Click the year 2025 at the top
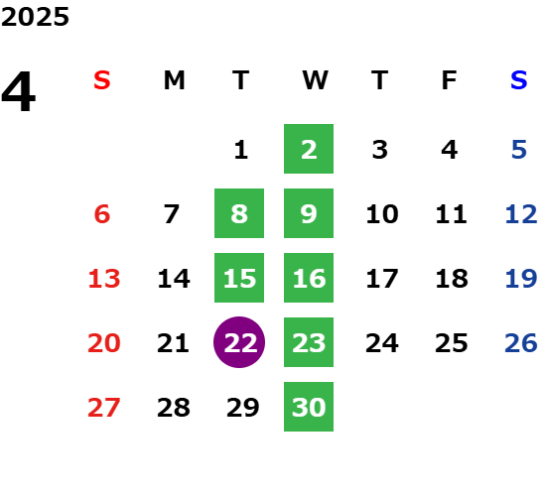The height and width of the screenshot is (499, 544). tap(35, 17)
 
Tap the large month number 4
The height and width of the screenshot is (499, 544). tap(19, 91)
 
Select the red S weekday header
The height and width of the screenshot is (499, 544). tap(102, 80)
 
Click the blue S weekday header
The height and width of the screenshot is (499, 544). tap(519, 80)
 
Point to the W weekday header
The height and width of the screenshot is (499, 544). tap(315, 80)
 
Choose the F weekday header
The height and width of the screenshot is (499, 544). tap(450, 80)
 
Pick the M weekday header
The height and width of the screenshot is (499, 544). tap(174, 80)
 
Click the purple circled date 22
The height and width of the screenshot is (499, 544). tap(239, 342)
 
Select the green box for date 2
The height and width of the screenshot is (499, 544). tap(309, 149)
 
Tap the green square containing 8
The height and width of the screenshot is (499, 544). tap(239, 213)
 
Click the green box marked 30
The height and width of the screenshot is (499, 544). tap(309, 407)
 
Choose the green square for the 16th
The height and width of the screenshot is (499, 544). tap(309, 278)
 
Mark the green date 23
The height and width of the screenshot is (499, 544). tap(309, 342)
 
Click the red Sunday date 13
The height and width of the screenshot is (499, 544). tap(104, 279)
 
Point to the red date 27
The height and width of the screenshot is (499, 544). tap(104, 408)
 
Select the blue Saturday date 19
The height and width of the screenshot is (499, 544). tap(521, 279)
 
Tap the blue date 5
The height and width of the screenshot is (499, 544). tap(519, 150)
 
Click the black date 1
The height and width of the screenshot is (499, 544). tap(241, 150)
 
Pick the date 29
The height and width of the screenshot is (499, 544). tap(243, 408)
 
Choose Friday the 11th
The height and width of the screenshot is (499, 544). tap(451, 214)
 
